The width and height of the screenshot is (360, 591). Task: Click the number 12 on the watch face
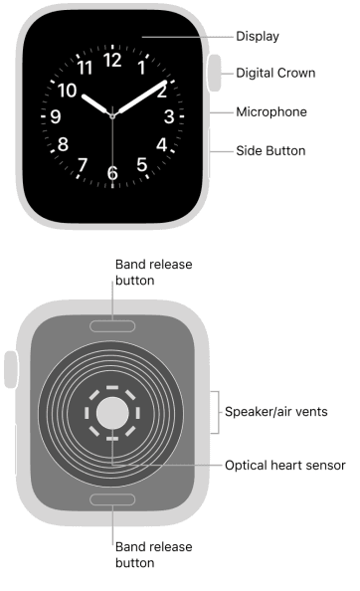[x=111, y=60]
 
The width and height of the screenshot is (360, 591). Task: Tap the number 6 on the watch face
[x=111, y=173]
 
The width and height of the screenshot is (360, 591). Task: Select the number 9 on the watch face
[x=55, y=116]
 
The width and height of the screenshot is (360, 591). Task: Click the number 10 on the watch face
[x=69, y=90]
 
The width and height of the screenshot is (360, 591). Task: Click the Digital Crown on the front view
[x=214, y=76]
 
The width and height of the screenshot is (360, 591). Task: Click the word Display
[x=257, y=36]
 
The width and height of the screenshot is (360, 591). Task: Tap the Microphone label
[x=270, y=111]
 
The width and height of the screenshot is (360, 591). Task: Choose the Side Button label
[x=270, y=151]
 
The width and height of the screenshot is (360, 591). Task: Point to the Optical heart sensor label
[x=285, y=465]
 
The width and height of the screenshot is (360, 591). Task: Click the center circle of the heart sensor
[x=112, y=412]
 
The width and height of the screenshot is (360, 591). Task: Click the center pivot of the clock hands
[x=112, y=116]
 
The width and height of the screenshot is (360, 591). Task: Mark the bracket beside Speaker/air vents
[x=216, y=411]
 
